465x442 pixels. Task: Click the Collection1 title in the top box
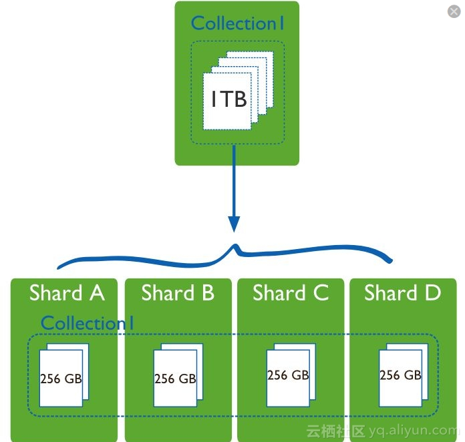[238, 23]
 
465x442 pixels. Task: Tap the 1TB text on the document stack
[228, 99]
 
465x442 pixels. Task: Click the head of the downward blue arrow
[234, 224]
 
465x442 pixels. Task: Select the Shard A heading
[67, 293]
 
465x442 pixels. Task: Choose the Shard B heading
[178, 293]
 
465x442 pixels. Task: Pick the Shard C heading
[291, 293]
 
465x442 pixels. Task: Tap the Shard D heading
[402, 293]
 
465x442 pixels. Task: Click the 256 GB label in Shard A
[61, 379]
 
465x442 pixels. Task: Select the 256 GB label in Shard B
[175, 379]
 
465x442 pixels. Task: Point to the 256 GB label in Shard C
[288, 375]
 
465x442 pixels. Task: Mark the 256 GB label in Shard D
[400, 375]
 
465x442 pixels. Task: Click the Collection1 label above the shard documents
[88, 323]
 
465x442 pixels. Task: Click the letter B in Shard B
[206, 293]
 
